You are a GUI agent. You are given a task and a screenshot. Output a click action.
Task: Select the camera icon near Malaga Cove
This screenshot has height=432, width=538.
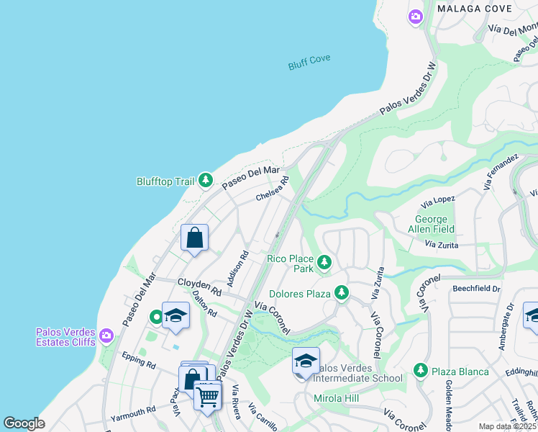pos(415,17)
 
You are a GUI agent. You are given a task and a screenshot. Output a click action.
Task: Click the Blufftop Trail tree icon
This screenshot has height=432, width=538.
pos(206,180)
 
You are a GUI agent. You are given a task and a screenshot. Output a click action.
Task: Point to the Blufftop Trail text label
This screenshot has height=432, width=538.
pos(165,181)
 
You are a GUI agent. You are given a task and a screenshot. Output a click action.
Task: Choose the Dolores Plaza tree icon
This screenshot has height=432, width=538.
pos(342,293)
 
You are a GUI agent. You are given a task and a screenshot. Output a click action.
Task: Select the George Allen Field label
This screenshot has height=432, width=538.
pos(432,224)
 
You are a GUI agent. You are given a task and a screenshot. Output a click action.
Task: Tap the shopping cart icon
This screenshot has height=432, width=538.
pos(207,395)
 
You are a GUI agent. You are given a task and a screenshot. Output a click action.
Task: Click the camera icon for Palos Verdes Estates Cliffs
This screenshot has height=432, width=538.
pos(106,336)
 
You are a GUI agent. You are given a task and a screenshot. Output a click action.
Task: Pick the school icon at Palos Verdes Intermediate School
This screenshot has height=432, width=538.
pos(306,361)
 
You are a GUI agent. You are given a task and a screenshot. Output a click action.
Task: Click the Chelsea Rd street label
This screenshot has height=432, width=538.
pos(272,189)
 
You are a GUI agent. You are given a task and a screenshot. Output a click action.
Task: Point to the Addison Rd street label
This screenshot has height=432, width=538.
pos(237,269)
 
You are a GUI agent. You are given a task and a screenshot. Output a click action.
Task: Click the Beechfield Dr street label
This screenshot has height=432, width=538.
pos(476,288)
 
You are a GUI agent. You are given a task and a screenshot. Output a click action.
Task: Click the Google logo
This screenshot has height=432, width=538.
pos(24,423)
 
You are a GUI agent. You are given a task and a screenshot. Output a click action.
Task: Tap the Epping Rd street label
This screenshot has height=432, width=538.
pos(139,360)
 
